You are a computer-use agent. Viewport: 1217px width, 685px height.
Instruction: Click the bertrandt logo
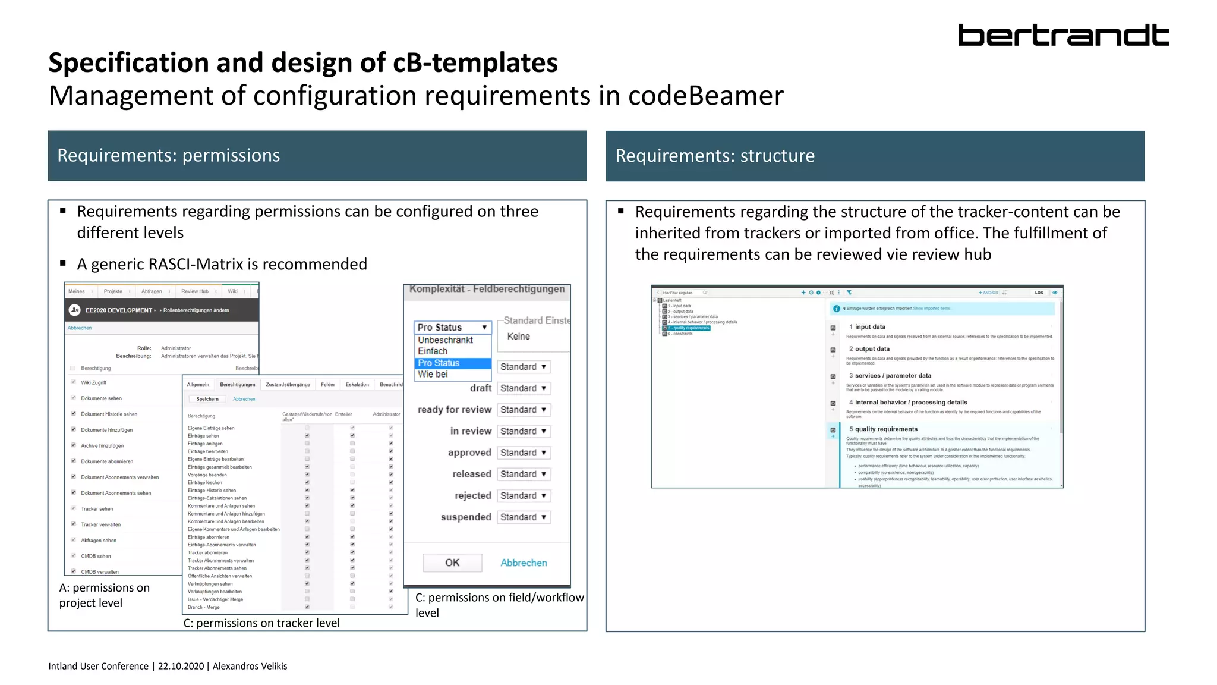point(1062,35)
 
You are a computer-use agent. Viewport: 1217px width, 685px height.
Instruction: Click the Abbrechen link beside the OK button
point(523,563)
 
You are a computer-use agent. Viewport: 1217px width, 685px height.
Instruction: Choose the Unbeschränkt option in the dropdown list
point(445,340)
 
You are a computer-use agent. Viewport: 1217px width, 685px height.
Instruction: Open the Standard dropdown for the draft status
point(523,388)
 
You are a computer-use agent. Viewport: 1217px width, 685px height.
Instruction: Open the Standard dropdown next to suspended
point(523,517)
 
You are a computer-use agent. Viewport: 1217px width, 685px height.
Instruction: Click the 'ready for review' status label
point(454,410)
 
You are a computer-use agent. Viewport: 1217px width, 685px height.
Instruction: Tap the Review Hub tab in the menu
point(194,291)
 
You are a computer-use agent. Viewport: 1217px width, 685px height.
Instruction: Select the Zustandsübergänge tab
point(288,385)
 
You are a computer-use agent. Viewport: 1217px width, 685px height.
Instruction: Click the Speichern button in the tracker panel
point(207,399)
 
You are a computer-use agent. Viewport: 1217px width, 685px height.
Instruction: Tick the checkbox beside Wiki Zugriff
point(74,382)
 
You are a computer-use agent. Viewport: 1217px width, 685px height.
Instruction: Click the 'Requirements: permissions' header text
point(168,156)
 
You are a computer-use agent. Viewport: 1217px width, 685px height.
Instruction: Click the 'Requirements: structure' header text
point(715,156)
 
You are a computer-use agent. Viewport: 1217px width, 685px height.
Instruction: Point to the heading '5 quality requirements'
point(883,429)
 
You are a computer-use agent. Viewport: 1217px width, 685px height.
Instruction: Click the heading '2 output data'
point(869,349)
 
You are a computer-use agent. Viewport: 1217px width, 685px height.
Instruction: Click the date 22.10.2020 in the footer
point(181,666)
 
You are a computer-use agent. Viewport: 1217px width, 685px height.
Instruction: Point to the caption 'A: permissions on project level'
point(104,595)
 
